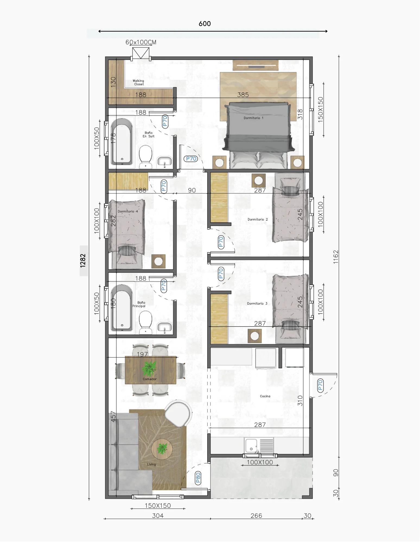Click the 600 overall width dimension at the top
205,24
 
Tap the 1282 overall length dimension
83,261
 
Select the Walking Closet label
139,82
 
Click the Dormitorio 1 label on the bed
253,118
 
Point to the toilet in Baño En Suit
145,157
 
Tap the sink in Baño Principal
164,327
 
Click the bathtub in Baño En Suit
122,141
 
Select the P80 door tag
198,478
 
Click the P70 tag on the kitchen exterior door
320,385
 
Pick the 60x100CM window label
141,42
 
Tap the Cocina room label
265,396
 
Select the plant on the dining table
149,368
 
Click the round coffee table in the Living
162,449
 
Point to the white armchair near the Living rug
178,414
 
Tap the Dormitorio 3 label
257,304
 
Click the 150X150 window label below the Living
158,506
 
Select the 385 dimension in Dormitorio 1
243,95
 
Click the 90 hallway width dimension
192,190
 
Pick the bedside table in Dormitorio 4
158,262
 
